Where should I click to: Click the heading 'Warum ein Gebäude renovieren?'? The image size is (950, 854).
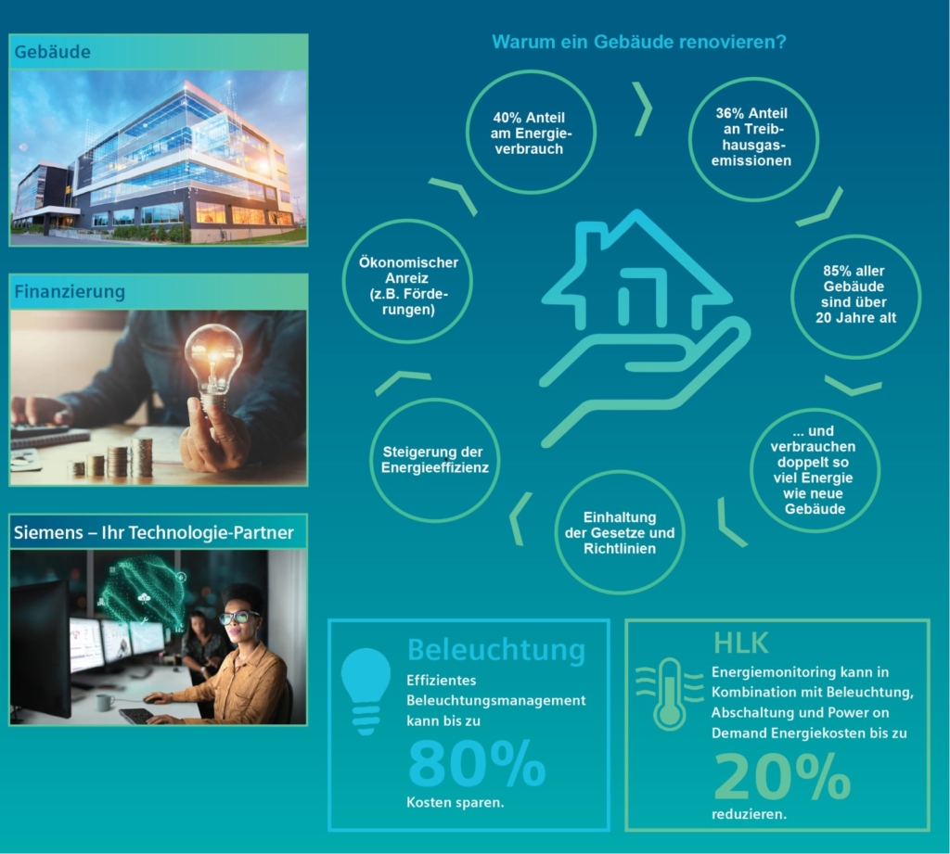638,42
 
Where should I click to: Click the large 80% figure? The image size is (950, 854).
478,764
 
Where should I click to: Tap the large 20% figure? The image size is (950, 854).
782,776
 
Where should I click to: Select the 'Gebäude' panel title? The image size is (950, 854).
52,52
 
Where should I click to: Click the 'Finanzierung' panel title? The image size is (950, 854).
70,291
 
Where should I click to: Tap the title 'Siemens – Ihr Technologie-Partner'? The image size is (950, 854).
153,532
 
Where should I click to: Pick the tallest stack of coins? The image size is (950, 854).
142,458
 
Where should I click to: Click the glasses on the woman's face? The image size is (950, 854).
238,618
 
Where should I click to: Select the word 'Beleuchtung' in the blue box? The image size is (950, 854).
496,649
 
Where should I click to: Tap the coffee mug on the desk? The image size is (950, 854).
105,703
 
